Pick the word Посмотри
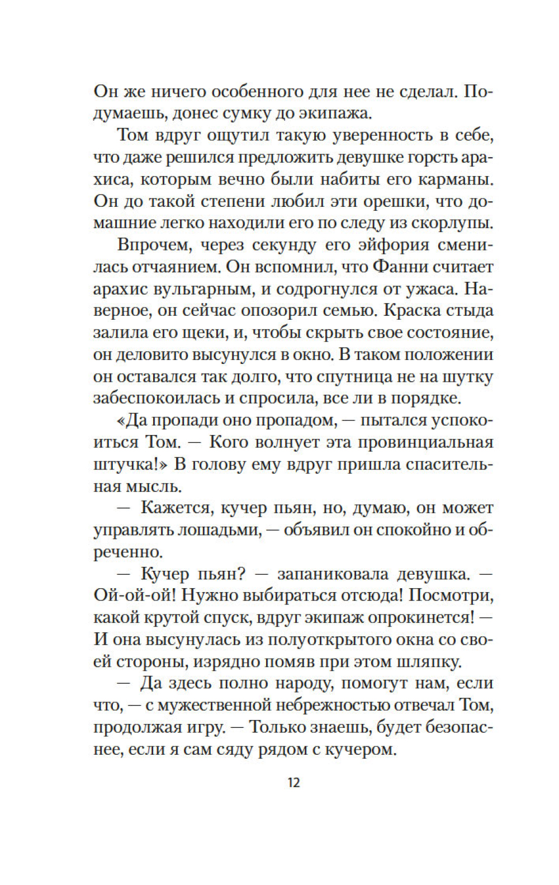click(451, 596)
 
